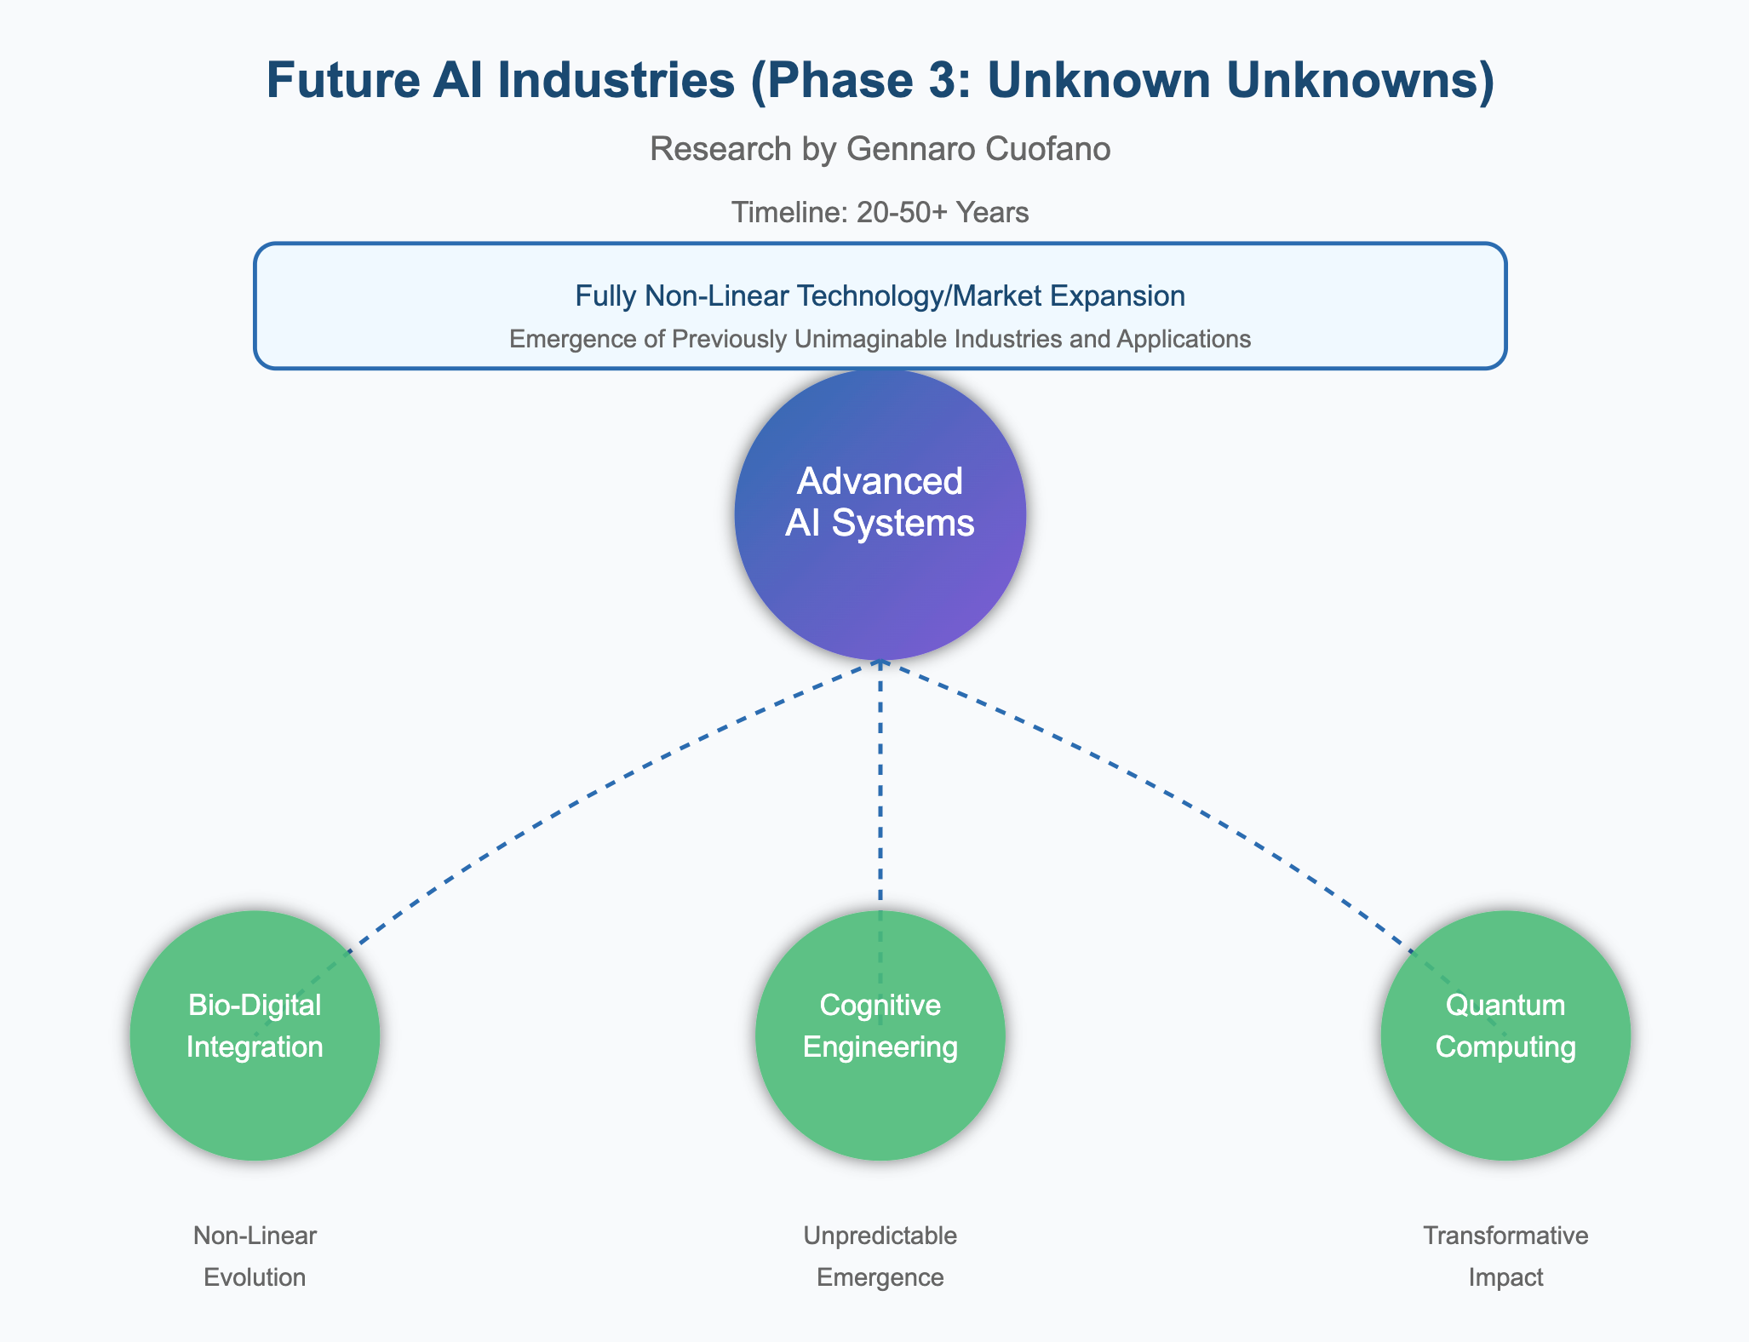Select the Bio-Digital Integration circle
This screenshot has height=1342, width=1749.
tap(254, 1098)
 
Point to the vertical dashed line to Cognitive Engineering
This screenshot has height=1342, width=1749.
tap(880, 783)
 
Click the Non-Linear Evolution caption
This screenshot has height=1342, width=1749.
tap(255, 1256)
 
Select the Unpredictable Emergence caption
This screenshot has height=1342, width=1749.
tap(880, 1256)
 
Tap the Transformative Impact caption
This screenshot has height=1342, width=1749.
tap(1505, 1256)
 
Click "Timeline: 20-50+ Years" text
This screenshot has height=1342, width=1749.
tap(880, 212)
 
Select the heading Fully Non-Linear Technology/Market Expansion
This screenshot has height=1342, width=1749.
tap(880, 296)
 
